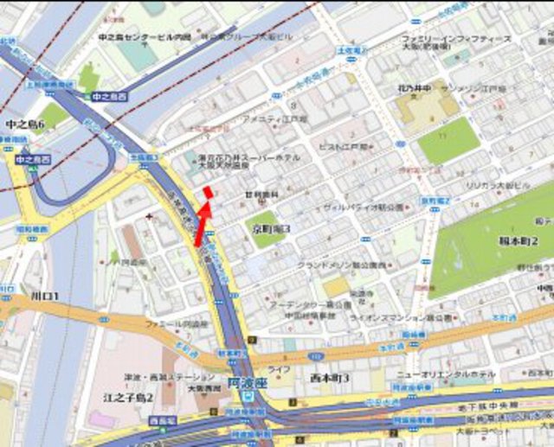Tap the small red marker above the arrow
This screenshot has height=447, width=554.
pos(207,192)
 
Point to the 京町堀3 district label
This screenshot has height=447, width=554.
pos(271,228)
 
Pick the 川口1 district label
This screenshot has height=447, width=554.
pos(44,297)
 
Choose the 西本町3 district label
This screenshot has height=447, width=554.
pos(330,378)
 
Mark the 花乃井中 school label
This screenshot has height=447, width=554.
pos(415,89)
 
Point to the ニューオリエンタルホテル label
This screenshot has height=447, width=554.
pos(446,374)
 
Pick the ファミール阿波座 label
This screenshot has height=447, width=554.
pos(179,323)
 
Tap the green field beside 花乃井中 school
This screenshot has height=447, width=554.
pos(448,139)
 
